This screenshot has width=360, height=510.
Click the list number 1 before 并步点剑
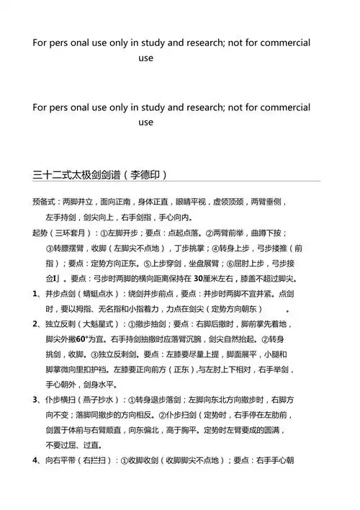pos(35,293)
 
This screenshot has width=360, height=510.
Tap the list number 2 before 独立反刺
pos(35,323)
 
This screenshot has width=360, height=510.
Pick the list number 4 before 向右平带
pos(35,460)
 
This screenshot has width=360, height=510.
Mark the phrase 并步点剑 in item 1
pos(60,293)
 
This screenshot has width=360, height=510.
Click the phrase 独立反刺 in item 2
pos(60,323)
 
